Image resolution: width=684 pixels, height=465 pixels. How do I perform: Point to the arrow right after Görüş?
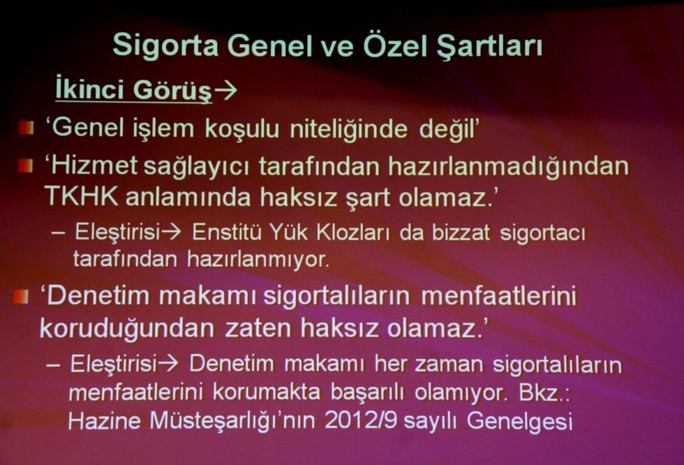(225, 91)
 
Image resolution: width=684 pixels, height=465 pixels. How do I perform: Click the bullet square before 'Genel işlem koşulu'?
(26, 128)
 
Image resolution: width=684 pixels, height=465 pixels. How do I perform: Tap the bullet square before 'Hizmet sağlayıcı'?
(26, 166)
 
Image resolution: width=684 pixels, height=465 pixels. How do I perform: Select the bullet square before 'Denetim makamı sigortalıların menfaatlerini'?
(22, 296)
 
